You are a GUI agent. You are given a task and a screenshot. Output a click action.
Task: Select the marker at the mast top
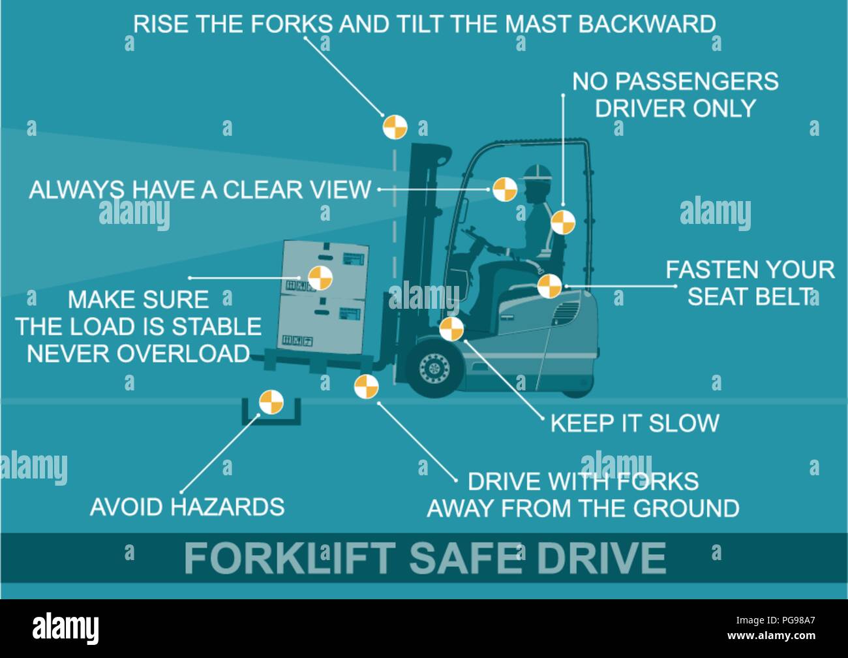[x=395, y=127]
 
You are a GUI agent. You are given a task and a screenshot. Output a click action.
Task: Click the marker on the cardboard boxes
[x=320, y=277]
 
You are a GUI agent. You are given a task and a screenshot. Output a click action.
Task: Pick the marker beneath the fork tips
[x=366, y=386]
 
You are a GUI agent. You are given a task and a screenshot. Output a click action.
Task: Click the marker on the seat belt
[x=550, y=286]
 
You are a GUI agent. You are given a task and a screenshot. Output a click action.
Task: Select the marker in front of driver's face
[x=504, y=190]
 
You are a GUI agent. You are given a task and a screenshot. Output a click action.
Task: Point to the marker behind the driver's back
[x=563, y=222]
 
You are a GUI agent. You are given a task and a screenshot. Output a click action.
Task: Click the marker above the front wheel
[x=451, y=329]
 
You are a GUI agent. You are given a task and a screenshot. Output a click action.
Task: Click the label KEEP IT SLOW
[x=634, y=423]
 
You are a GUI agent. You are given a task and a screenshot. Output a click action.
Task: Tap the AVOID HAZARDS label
[x=187, y=507]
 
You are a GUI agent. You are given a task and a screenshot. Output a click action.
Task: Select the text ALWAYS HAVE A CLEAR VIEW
[x=200, y=190]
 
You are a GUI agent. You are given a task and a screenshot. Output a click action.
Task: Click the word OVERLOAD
[x=184, y=353]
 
